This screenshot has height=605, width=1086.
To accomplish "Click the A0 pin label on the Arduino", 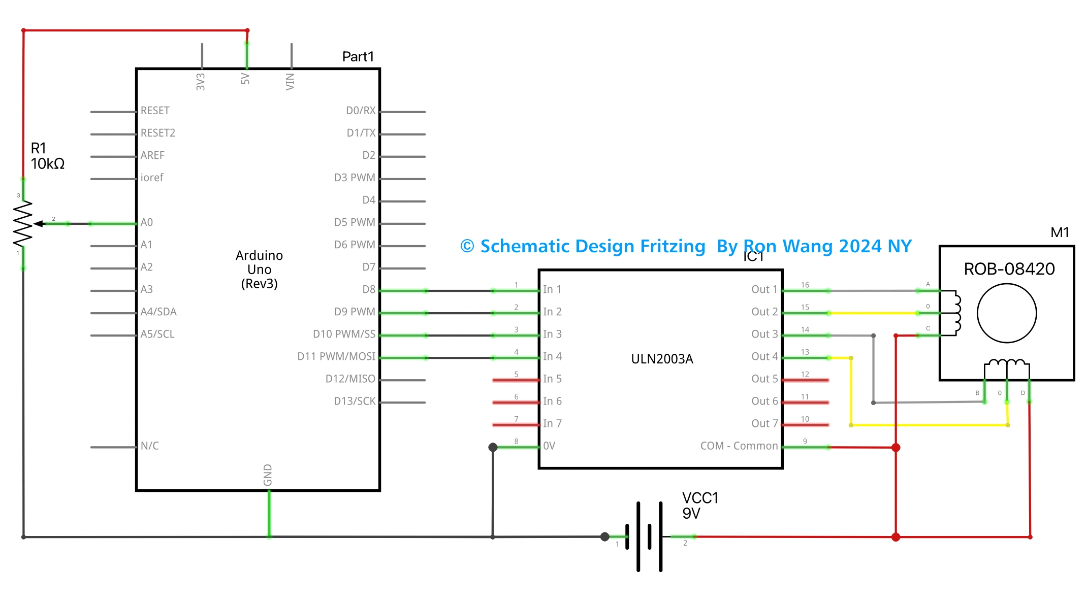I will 146,222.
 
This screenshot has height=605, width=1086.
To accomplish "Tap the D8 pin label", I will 368,289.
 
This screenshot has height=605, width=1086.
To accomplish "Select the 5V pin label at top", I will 245,79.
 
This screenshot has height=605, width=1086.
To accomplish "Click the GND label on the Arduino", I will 268,475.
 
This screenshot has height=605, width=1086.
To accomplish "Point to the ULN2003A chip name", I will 661,359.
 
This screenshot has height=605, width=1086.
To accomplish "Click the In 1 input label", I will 552,289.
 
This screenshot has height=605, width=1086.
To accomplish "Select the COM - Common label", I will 739,446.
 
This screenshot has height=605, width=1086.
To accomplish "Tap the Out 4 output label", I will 764,356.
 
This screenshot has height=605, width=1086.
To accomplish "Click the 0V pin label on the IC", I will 549,446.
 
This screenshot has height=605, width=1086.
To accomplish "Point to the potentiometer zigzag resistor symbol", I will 23,224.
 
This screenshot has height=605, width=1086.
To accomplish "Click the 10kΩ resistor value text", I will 47,164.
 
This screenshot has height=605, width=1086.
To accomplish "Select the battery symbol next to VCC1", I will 644,536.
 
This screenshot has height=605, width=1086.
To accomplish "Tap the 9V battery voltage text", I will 691,514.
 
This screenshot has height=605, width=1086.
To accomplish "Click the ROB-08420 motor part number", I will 1009,269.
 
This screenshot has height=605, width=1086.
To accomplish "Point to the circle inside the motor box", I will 1006,313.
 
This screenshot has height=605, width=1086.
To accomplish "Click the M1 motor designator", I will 1060,232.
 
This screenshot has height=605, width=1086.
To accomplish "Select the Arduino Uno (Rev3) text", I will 259,269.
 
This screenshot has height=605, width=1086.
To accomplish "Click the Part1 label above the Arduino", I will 358,56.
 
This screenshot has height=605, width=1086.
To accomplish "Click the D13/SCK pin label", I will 354,401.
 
